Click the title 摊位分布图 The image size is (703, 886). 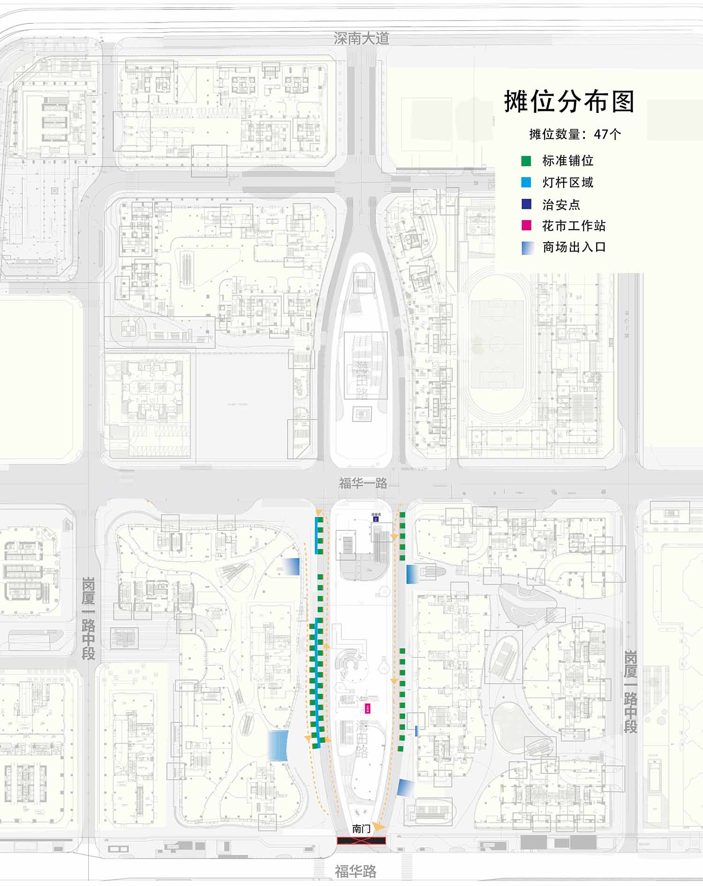coord(569,102)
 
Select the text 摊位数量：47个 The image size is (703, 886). coord(575,134)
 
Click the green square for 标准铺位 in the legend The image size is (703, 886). coord(526,161)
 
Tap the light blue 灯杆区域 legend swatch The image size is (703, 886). coord(526,183)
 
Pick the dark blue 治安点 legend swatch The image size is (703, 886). coord(526,204)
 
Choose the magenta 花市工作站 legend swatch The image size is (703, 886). coord(526,226)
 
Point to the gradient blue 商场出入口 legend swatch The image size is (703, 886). coord(528,248)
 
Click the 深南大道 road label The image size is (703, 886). coord(361,38)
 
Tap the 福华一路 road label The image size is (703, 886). coord(363,483)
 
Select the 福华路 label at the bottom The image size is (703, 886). coord(356,871)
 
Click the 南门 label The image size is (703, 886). coord(361,828)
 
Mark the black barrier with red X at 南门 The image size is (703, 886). coord(361,841)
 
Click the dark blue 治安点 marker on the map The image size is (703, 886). coord(375,519)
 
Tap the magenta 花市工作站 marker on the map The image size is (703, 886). coord(367,709)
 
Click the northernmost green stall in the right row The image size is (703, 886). coord(402,515)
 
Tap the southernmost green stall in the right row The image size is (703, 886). coord(401,749)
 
